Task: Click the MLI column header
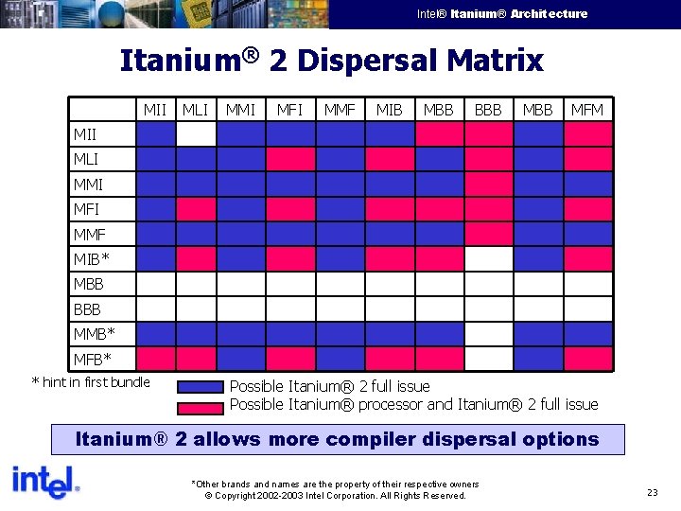click(x=195, y=110)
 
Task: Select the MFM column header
click(x=586, y=110)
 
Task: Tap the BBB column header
click(x=488, y=110)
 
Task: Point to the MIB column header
click(x=389, y=110)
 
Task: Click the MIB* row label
click(x=92, y=258)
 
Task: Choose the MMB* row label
click(x=94, y=333)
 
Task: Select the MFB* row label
click(x=92, y=359)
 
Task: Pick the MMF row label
click(x=90, y=234)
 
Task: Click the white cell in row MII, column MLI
click(x=196, y=134)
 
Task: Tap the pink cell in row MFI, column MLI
click(x=196, y=208)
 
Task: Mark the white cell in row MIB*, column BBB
click(x=488, y=258)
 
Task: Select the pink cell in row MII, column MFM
click(x=587, y=134)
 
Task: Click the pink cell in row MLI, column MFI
click(x=290, y=159)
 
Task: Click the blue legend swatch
click(x=201, y=386)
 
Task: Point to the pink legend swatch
click(x=201, y=405)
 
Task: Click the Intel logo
click(x=44, y=484)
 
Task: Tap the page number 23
click(x=653, y=492)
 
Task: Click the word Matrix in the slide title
click(x=496, y=62)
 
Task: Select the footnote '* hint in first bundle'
click(x=91, y=382)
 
